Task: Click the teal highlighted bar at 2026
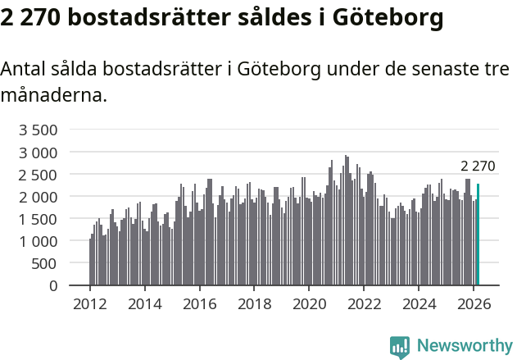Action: point(478,235)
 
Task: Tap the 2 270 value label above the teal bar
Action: point(478,166)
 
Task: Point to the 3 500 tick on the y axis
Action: point(39,130)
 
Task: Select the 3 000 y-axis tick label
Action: point(39,153)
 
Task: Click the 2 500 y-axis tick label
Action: point(39,175)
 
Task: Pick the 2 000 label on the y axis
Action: point(39,197)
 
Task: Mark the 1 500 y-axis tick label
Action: point(39,219)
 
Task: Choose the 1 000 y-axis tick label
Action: point(39,241)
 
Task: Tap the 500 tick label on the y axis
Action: point(44,263)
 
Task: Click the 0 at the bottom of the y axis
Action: point(53,286)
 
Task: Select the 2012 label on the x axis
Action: point(90,304)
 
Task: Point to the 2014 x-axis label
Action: point(145,304)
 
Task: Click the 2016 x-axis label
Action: point(200,304)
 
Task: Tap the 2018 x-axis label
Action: point(255,304)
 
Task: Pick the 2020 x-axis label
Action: point(310,304)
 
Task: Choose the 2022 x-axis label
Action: point(365,304)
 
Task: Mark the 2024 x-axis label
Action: point(419,304)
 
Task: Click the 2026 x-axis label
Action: point(474,304)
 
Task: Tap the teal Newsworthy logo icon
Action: point(400,347)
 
